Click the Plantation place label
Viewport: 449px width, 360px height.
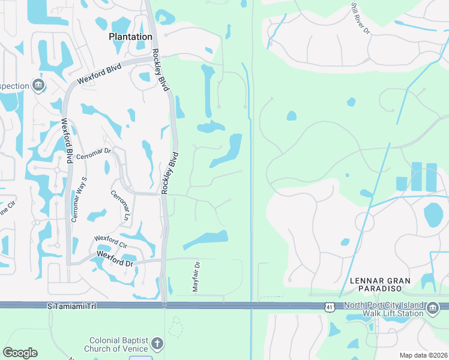point(130,37)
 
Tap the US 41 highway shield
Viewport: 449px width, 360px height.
point(329,307)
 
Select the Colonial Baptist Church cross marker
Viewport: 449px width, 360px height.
point(157,344)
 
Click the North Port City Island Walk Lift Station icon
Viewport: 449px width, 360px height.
point(433,310)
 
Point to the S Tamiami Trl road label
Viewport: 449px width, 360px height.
point(71,307)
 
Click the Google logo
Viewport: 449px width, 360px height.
point(20,353)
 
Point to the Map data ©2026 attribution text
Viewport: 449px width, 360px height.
point(423,355)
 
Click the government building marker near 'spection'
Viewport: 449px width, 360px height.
point(39,85)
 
